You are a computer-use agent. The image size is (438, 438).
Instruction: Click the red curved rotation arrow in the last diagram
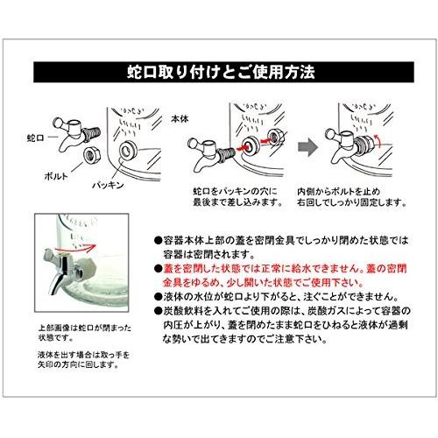pos(377,142)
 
